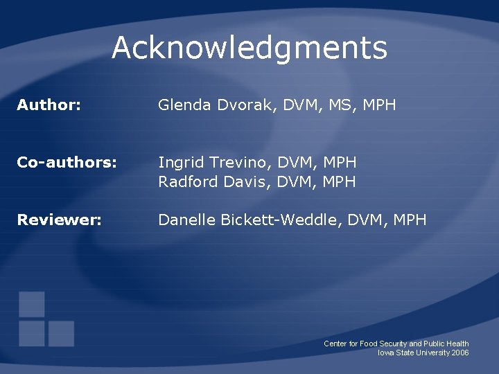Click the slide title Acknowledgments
(x=249, y=48)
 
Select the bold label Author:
(x=49, y=105)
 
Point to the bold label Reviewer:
(x=60, y=220)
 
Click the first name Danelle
(x=185, y=220)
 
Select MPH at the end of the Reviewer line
(x=410, y=220)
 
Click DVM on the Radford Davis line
(x=294, y=181)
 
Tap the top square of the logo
(x=32, y=304)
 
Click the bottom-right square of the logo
(x=61, y=334)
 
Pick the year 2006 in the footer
(x=459, y=353)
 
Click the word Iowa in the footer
(x=385, y=353)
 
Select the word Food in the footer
(x=370, y=344)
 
